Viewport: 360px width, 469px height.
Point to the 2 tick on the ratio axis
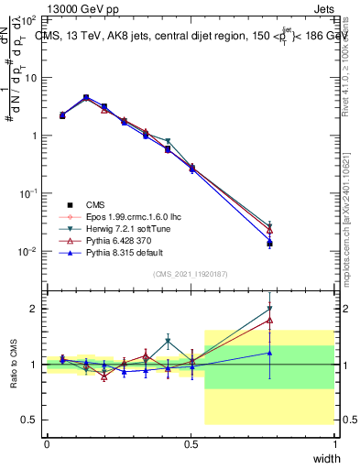coord(35,309)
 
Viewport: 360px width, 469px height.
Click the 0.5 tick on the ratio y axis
coord(30,420)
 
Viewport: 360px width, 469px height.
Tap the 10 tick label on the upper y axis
coord(31,77)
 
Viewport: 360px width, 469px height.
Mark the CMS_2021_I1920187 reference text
coord(191,274)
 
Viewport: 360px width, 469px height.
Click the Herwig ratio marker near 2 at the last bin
coord(269,309)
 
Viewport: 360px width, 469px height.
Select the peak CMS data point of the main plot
coord(86,97)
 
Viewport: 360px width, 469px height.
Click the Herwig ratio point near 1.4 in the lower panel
coord(168,342)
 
